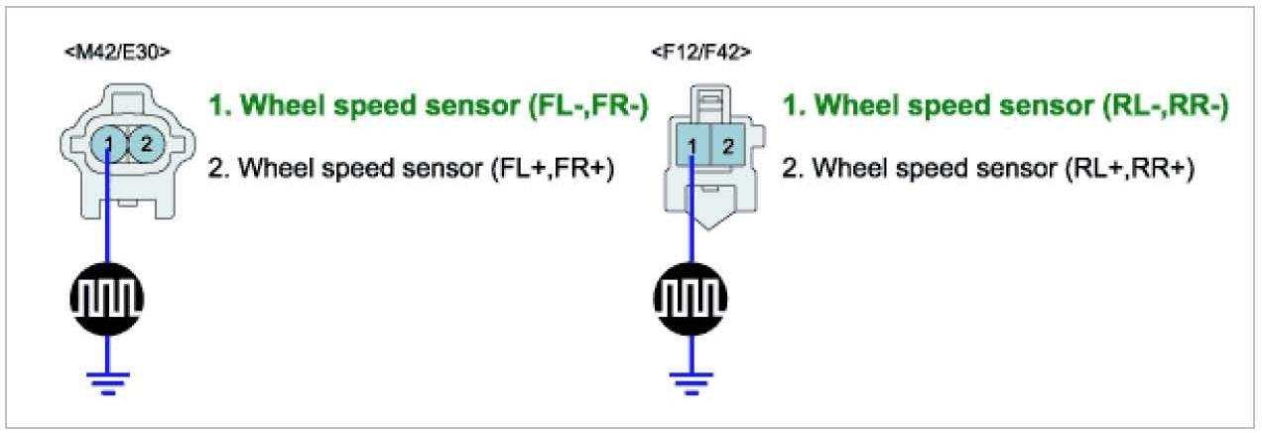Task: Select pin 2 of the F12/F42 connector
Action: coord(725,148)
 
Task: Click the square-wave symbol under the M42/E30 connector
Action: coord(108,299)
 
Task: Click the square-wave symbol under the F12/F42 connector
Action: coord(684,299)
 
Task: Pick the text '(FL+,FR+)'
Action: coord(553,169)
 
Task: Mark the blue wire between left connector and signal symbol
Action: coord(108,218)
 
